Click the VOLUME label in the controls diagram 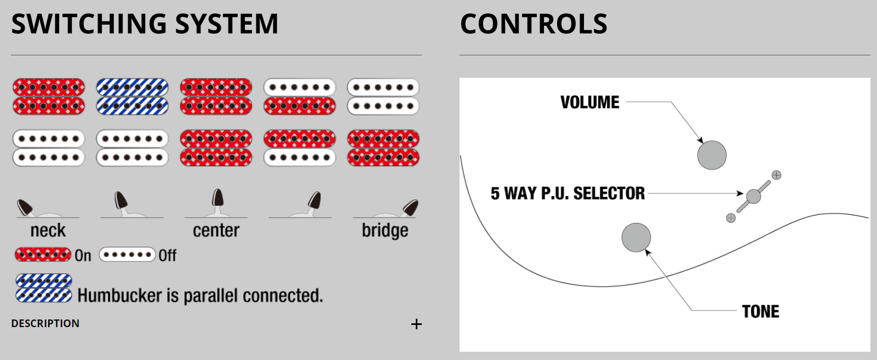click(589, 102)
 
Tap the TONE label click(760, 311)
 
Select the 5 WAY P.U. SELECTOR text click(568, 193)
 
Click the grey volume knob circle click(712, 155)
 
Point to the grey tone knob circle click(636, 237)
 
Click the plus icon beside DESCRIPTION click(416, 324)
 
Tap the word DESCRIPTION click(45, 323)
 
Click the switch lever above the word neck click(25, 207)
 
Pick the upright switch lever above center click(217, 198)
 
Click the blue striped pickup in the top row click(132, 96)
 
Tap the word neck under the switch click(48, 231)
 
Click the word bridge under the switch click(385, 231)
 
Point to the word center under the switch click(216, 231)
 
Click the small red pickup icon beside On click(43, 255)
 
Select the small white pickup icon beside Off click(127, 255)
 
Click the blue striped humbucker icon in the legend click(43, 288)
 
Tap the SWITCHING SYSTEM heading click(145, 24)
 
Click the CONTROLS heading click(534, 24)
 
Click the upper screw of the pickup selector click(776, 175)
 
